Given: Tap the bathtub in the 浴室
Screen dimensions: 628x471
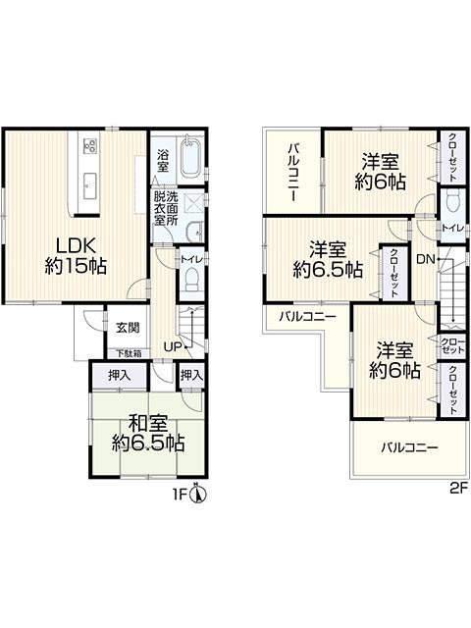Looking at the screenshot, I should [191, 157].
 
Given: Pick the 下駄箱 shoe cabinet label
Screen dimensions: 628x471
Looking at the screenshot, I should [129, 353].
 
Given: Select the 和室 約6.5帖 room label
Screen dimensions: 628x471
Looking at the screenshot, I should [146, 434].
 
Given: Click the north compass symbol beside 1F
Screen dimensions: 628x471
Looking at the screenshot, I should [196, 495].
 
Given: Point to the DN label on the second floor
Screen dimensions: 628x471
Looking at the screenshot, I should [425, 259].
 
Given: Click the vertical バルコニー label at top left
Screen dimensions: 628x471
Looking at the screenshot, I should [293, 173].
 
